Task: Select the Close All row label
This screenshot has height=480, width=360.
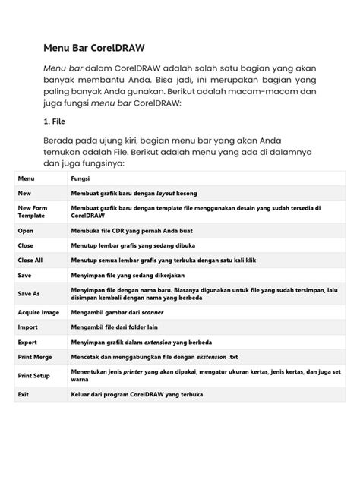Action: [30, 260]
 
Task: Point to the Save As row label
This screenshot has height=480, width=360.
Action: [29, 294]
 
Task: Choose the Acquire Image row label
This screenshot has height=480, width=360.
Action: [39, 312]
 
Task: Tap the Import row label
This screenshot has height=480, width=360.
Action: [28, 327]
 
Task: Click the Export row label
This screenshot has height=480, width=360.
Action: [28, 343]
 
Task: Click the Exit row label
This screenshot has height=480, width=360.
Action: [24, 395]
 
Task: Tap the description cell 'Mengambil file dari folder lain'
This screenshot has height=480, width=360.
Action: [115, 327]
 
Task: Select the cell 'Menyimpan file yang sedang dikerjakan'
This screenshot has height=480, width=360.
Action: [128, 275]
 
